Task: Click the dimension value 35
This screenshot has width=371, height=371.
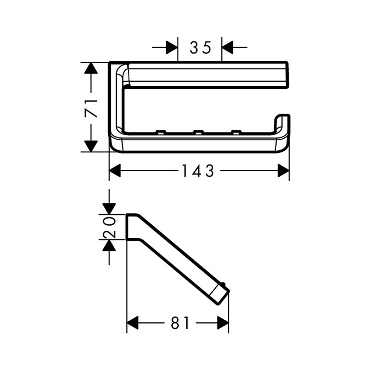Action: [200, 47]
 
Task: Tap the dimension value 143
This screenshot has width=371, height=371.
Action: [198, 171]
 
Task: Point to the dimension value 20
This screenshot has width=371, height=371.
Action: [109, 227]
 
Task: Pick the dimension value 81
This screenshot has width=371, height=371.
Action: [181, 323]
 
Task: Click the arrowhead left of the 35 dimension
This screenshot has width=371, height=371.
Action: [172, 47]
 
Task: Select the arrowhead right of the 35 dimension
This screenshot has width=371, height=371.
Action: [227, 47]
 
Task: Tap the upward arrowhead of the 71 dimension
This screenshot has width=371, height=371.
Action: [91, 68]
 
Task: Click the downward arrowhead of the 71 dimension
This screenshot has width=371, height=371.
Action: [91, 146]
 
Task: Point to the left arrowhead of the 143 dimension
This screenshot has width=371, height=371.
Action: [115, 171]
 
